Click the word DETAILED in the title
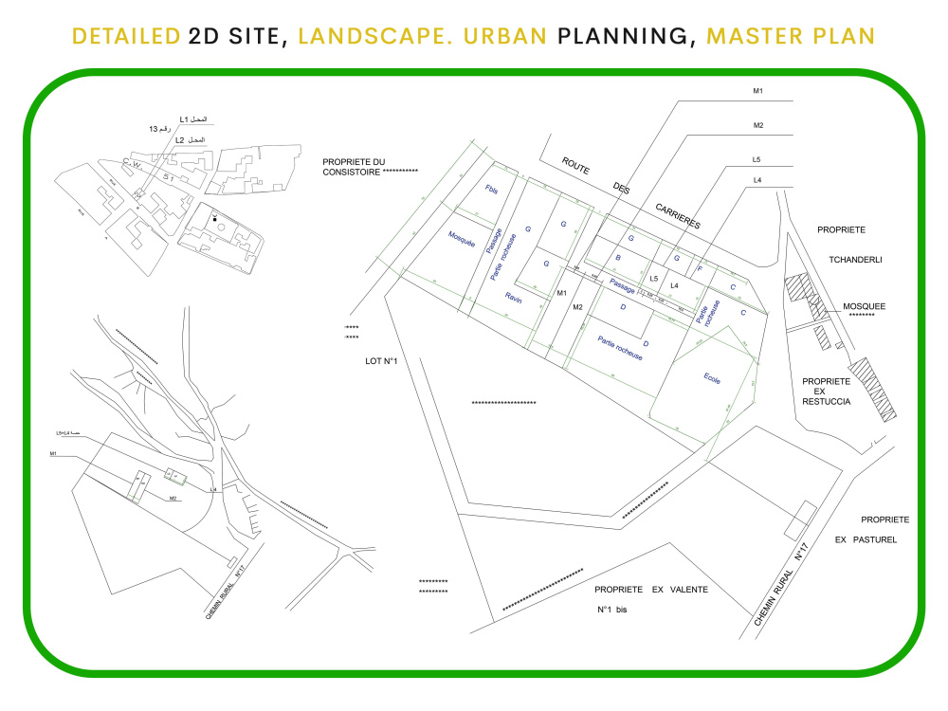(127, 37)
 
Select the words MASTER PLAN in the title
(791, 37)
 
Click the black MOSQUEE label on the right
(864, 306)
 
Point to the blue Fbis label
(491, 191)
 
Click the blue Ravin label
(513, 298)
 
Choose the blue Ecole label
(712, 379)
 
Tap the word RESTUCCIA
(826, 402)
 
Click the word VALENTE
(687, 590)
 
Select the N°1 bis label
(611, 610)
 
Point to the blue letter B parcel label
(618, 258)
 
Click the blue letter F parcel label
(700, 270)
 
